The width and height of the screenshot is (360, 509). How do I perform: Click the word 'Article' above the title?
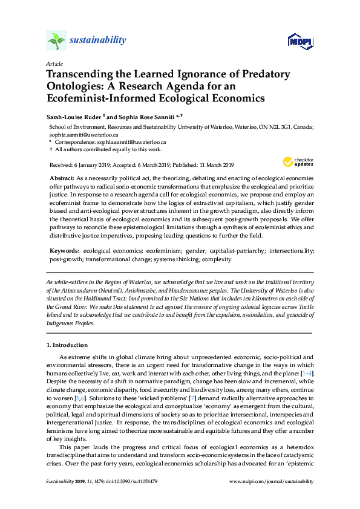coord(54,63)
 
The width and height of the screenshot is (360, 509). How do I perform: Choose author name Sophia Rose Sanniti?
coord(140,115)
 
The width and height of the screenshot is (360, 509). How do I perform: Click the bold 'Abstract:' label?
coord(61,180)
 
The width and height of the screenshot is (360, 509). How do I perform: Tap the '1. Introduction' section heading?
coord(67,345)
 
